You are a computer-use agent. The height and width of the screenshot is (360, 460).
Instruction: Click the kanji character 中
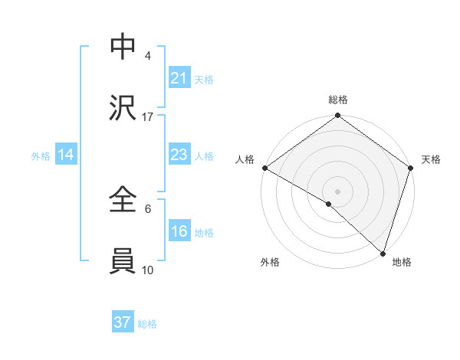(x=123, y=47)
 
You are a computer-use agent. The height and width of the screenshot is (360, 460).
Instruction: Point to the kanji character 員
(x=123, y=261)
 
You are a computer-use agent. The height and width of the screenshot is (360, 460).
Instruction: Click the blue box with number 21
(x=179, y=78)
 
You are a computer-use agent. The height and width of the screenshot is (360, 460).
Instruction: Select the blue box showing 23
(x=179, y=155)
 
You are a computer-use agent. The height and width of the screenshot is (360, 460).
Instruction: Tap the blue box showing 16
(x=179, y=232)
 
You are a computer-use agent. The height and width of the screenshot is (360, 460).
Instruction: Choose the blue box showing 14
(x=66, y=155)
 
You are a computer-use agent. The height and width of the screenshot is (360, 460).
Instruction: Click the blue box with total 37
(x=123, y=323)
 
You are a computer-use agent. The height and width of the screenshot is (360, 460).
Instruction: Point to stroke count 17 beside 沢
(x=148, y=117)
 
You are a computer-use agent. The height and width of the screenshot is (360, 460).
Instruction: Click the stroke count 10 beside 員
(x=148, y=270)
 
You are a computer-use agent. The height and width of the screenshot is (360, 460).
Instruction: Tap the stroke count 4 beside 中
(x=148, y=56)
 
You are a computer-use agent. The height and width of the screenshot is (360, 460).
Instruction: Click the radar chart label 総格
(x=338, y=100)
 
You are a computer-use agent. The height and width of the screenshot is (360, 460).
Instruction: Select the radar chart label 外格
(x=270, y=263)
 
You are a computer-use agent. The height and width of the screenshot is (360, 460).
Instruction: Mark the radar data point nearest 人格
(x=264, y=168)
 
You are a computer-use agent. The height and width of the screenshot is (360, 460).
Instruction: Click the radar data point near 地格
(x=383, y=253)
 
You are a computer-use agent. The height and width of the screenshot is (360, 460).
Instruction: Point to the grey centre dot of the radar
(x=337, y=191)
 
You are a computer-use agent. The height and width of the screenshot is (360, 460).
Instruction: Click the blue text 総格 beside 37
(x=147, y=324)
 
